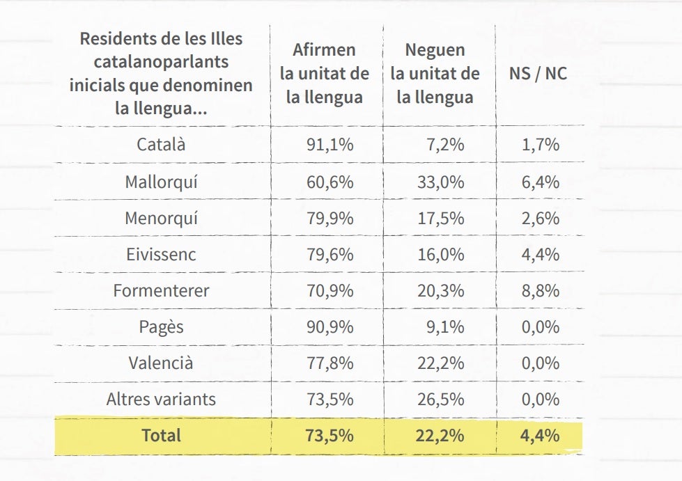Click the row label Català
pos(161,145)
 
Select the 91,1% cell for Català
pos(330,145)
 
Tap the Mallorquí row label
pos(161,182)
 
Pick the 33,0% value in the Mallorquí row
pos(440,182)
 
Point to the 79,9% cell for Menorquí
pos(330,219)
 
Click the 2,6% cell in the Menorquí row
pos(540,219)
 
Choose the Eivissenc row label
pos(161,255)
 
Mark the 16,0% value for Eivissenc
pos(440,255)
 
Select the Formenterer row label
pos(161,291)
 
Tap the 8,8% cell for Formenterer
pos(540,291)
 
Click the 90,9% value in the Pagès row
pos(330,327)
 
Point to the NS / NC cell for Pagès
pos(540,327)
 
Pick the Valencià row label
pos(161,363)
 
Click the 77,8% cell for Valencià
pos(330,363)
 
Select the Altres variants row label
pos(161,400)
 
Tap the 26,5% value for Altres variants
pos(440,400)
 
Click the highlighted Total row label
pos(161,436)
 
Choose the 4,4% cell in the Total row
pos(540,436)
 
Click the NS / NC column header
pos(538,74)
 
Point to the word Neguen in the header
pos(435,50)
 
